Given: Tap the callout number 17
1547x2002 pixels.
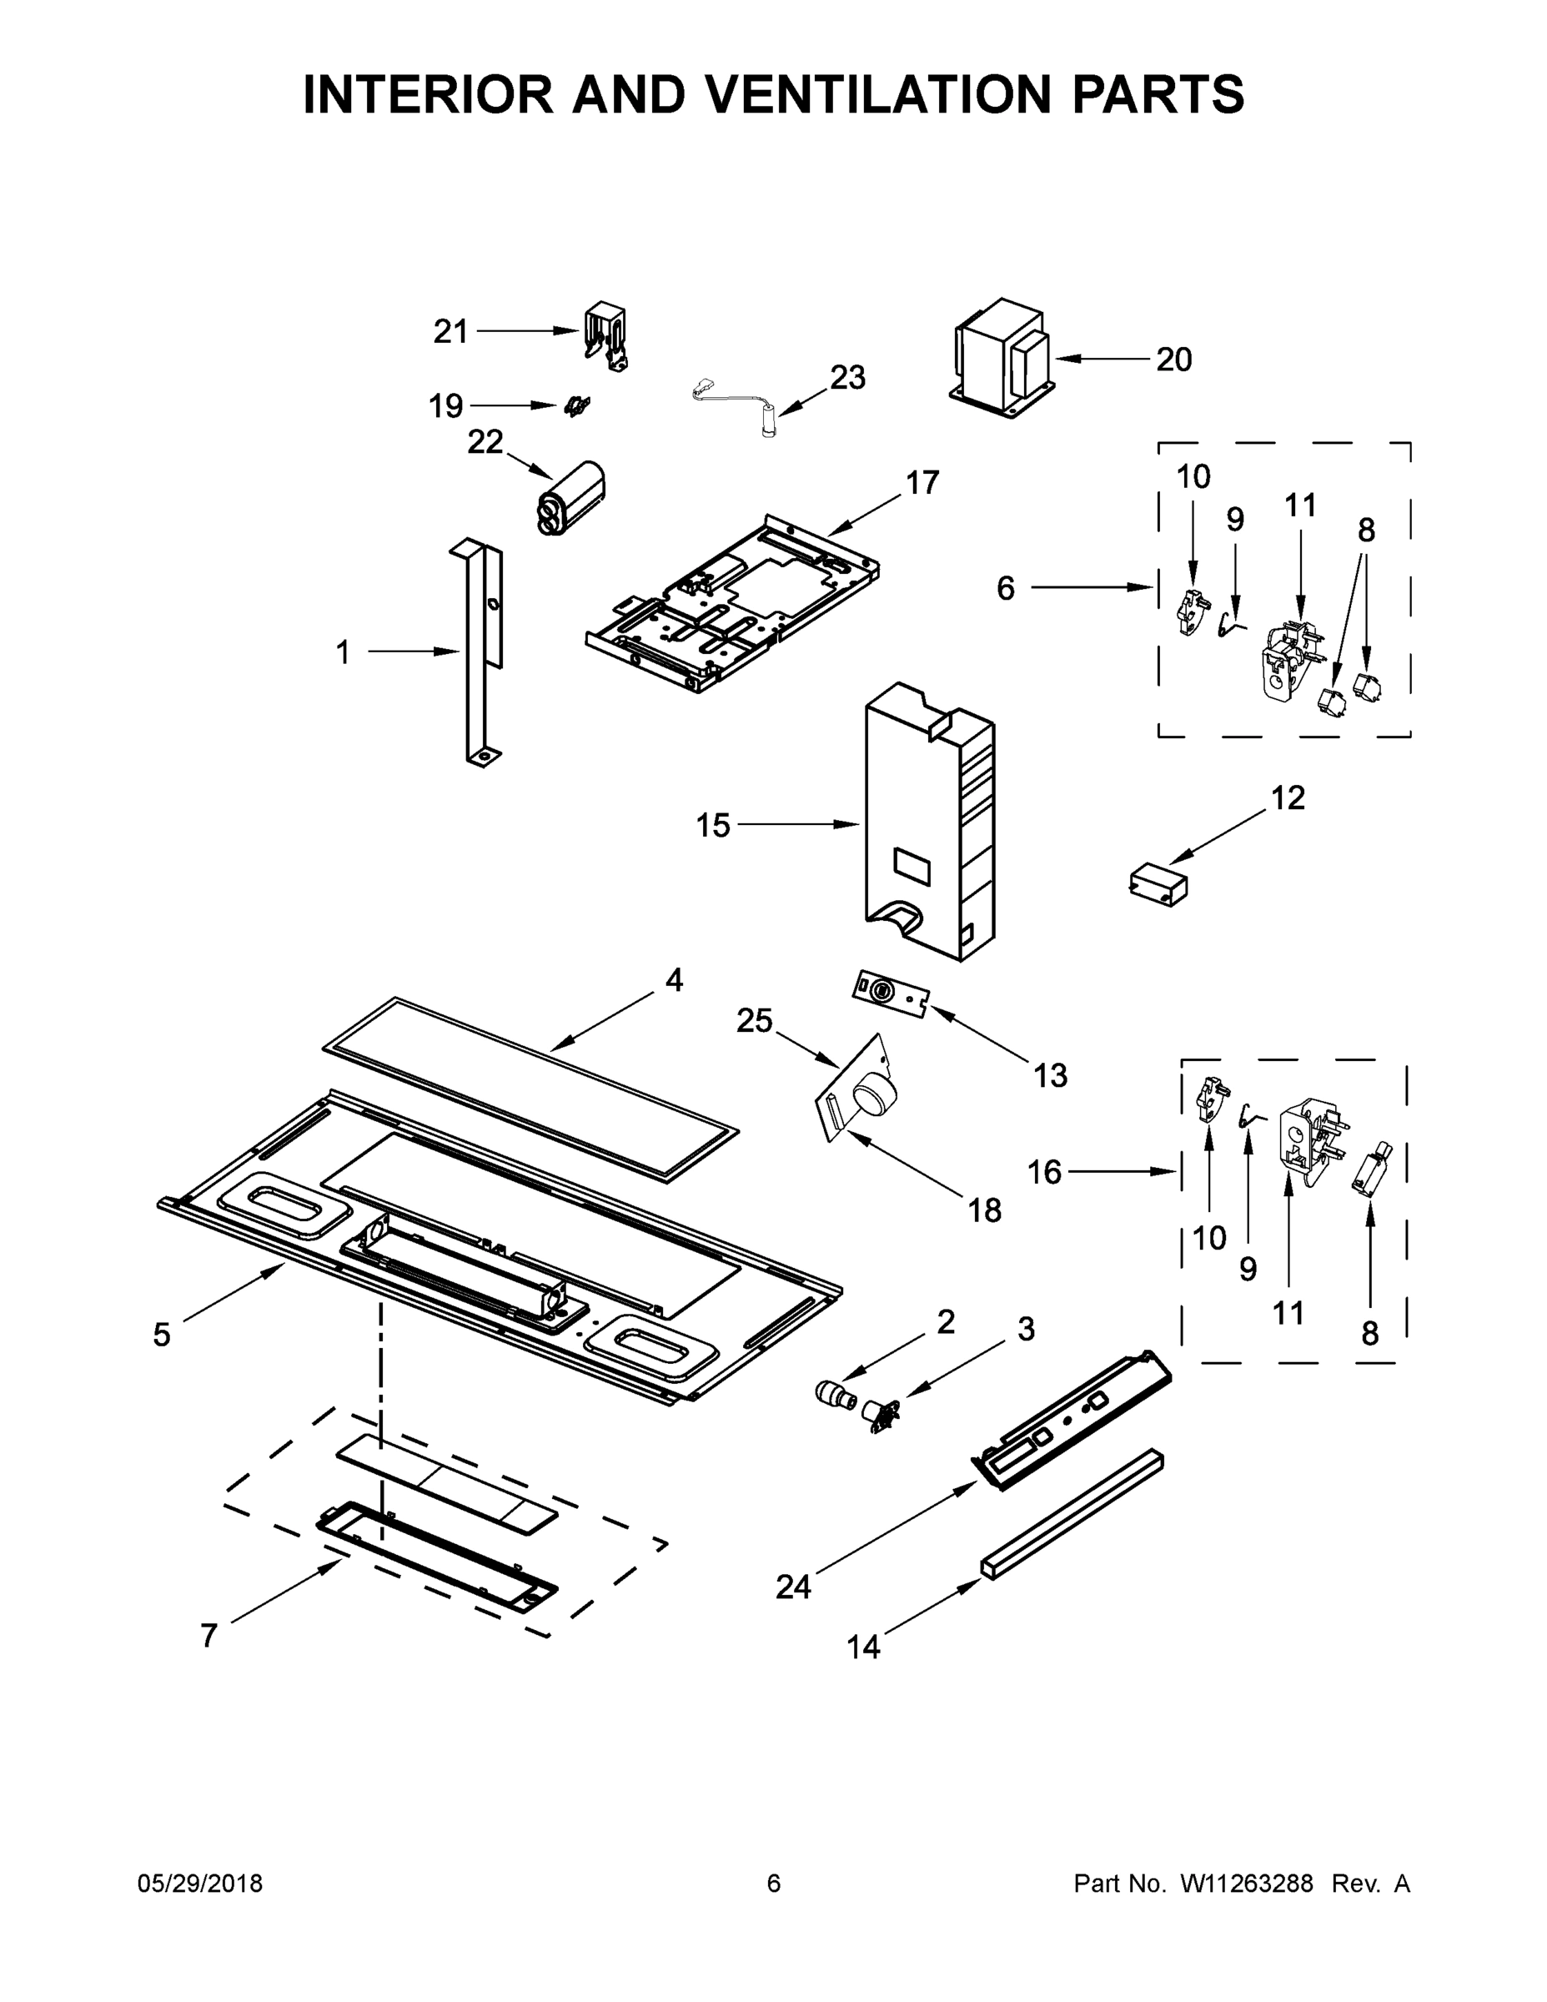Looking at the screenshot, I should point(923,482).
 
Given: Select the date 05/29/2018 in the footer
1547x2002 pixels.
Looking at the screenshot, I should point(200,1884).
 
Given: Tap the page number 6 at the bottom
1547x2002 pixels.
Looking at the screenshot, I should point(774,1884).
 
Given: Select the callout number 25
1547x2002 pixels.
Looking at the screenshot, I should point(754,1020).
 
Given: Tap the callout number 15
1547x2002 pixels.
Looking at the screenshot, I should point(713,825).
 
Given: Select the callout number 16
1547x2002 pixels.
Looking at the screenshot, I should point(1044,1171).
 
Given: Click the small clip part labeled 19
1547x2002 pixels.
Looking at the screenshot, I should point(576,405).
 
